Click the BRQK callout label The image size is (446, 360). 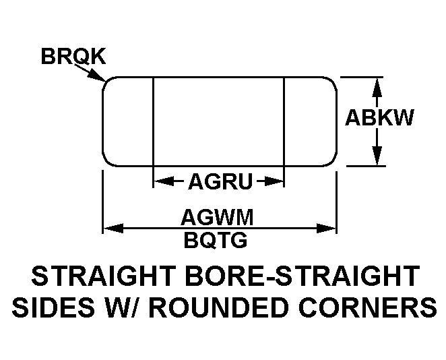tap(73, 56)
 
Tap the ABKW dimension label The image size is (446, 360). tap(379, 117)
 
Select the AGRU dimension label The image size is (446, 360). tap(220, 181)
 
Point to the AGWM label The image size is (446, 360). tap(217, 217)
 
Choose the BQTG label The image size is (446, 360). tap(216, 240)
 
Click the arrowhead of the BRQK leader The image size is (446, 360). tap(97, 76)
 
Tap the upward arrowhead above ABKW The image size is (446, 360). tap(377, 87)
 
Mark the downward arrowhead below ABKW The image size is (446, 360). tap(377, 155)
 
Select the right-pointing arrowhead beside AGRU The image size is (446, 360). tap(274, 181)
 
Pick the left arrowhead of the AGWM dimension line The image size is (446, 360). tap(113, 228)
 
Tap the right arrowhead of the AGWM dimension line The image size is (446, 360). tap(327, 228)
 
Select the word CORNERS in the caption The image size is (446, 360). tap(367, 307)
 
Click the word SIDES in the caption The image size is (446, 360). tap(53, 307)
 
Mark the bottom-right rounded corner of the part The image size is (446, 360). tap(332, 161)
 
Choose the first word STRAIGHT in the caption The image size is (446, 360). tap(102, 276)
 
